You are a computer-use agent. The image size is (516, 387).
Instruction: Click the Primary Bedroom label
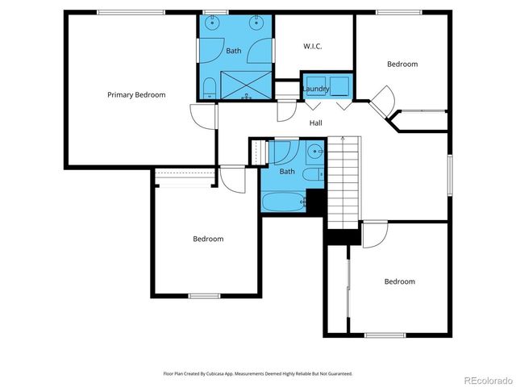point(136,95)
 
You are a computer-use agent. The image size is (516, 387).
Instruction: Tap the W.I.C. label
point(313,46)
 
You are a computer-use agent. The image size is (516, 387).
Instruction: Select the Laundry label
point(315,89)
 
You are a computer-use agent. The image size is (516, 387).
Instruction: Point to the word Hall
point(316,123)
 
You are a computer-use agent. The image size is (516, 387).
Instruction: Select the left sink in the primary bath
point(214,23)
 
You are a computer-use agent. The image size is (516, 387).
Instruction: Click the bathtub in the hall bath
point(283,200)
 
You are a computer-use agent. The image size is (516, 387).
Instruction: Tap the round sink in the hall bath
point(314,151)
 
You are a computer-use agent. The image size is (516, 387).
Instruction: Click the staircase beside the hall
point(343,181)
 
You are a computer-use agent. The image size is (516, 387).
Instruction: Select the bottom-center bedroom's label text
point(208,239)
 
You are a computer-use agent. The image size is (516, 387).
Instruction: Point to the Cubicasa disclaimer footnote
point(258,374)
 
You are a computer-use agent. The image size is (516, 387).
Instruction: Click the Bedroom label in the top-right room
point(402,64)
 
